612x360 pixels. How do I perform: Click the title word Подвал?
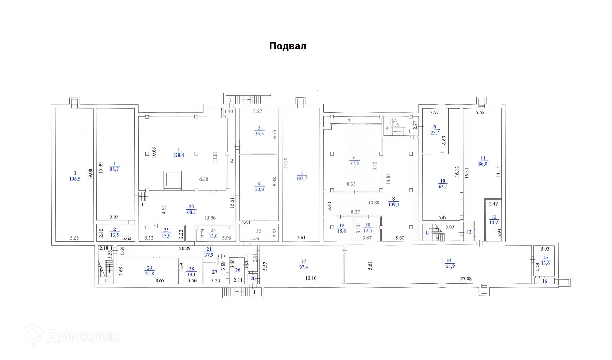[x=288, y=46]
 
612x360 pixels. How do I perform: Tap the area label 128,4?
[x=179, y=155]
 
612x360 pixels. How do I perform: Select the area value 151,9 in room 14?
[x=449, y=266]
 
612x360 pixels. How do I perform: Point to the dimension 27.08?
[x=466, y=279]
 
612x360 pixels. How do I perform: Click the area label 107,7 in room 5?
[x=302, y=179]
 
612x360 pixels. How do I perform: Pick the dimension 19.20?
[x=286, y=163]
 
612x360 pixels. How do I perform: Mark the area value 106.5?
[x=75, y=179]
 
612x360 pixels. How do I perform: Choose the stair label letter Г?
[x=106, y=280]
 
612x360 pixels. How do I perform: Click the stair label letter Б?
[x=427, y=233]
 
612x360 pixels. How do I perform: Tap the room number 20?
[x=253, y=279]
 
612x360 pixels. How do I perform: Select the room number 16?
[x=545, y=281]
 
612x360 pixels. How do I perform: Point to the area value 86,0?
[x=483, y=164]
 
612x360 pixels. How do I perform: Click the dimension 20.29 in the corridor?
[x=185, y=248]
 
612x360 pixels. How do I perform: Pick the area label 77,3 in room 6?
[x=354, y=163]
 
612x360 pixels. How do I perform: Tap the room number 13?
[x=469, y=233]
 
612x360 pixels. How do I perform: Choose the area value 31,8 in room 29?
[x=149, y=274]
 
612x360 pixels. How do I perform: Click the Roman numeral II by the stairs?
[x=143, y=204]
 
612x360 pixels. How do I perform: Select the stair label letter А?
[x=387, y=129]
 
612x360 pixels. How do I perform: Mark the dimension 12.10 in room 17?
[x=311, y=278]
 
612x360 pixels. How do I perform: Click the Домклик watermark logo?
[x=71, y=336]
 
